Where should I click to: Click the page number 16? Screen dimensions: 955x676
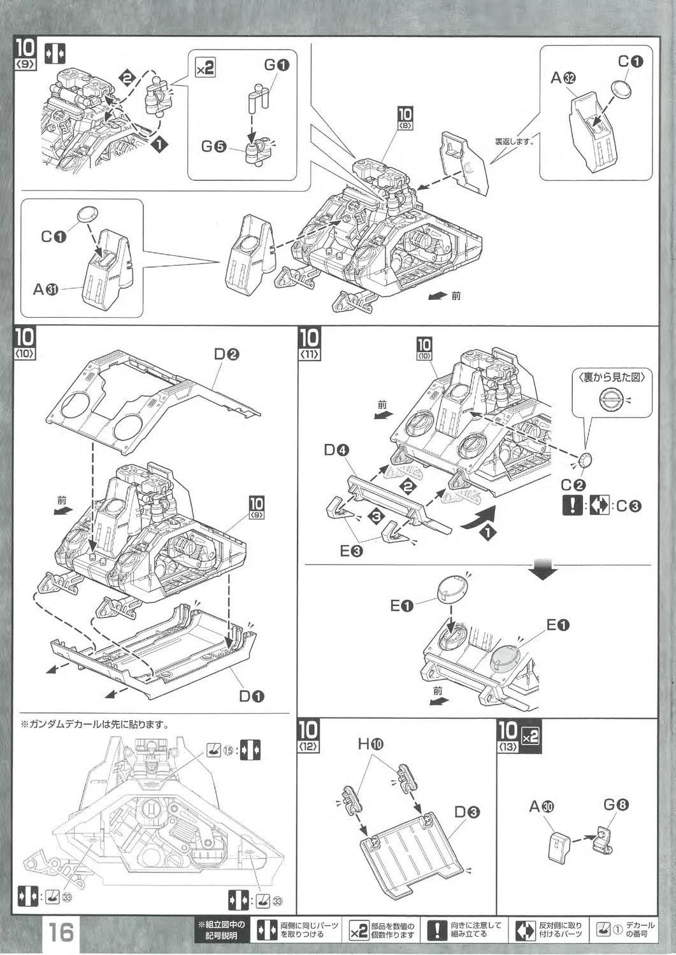pyautogui.click(x=61, y=932)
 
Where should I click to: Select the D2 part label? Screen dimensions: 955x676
pyautogui.click(x=226, y=355)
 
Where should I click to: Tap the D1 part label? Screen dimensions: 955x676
pyautogui.click(x=252, y=696)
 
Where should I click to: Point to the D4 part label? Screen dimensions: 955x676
pyautogui.click(x=336, y=451)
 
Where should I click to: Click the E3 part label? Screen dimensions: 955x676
pyautogui.click(x=351, y=551)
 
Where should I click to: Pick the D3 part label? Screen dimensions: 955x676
pyautogui.click(x=467, y=812)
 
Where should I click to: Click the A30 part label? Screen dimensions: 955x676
pyautogui.click(x=542, y=807)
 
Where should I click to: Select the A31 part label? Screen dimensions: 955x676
pyautogui.click(x=46, y=289)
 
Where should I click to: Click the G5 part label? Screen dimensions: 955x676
pyautogui.click(x=213, y=146)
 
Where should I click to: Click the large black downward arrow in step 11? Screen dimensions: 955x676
pyautogui.click(x=545, y=569)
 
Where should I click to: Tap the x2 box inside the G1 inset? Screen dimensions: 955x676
pyautogui.click(x=205, y=67)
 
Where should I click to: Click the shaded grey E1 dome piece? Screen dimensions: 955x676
pyautogui.click(x=506, y=658)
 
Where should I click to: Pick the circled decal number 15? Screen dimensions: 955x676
pyautogui.click(x=227, y=749)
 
